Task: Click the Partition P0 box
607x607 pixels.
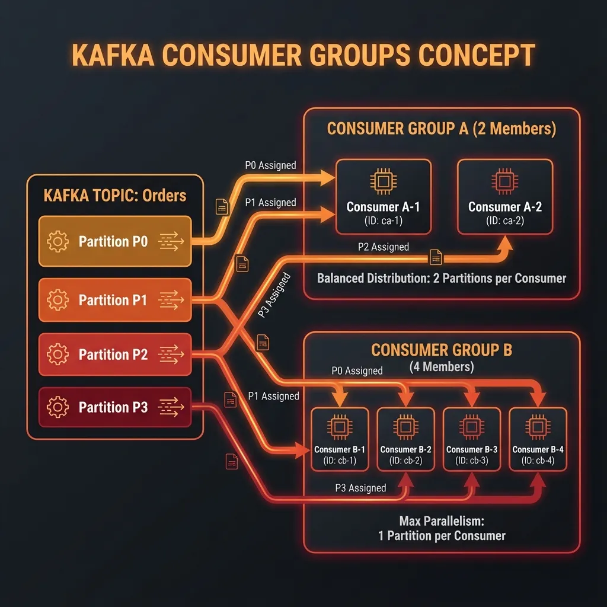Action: [x=115, y=241]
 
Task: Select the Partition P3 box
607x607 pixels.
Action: [x=115, y=407]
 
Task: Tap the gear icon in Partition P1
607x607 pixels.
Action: [x=57, y=300]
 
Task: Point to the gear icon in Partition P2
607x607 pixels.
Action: [x=57, y=354]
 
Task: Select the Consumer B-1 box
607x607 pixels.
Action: [x=340, y=439]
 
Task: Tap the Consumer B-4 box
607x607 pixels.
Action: [x=538, y=439]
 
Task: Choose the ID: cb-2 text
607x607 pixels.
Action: [x=405, y=461]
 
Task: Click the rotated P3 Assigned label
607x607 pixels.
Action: [x=274, y=295]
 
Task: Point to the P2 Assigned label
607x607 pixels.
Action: [x=383, y=247]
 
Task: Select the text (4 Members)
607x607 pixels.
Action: [x=442, y=367]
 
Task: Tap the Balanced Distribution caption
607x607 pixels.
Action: [x=441, y=278]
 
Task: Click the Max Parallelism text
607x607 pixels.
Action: [x=442, y=521]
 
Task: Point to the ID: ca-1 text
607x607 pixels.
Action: [x=383, y=220]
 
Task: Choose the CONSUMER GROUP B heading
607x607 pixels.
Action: [x=441, y=350]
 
